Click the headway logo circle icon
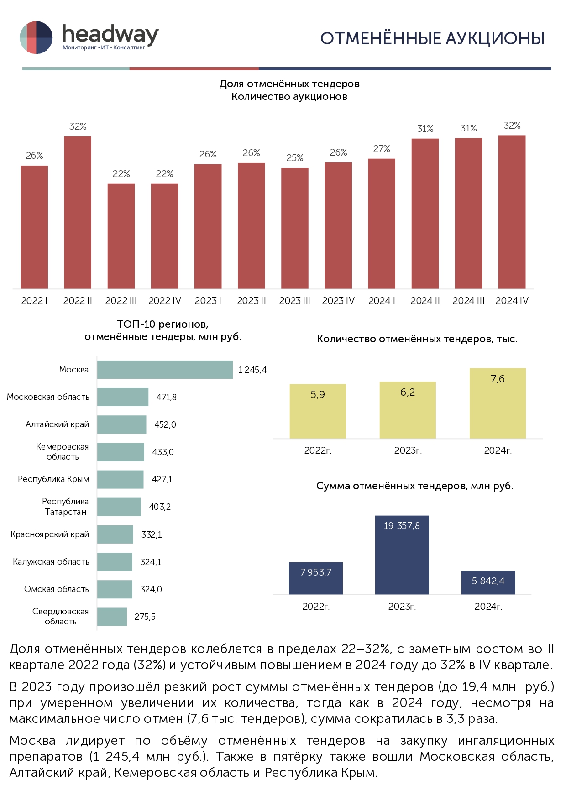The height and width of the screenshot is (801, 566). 36,37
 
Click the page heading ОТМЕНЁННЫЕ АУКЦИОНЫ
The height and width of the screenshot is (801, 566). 432,39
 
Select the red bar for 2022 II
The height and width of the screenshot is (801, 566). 78,212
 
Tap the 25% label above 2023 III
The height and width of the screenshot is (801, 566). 295,158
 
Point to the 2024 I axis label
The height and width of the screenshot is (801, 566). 382,301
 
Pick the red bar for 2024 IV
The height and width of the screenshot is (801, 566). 512,212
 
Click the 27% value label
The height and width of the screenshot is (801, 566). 382,149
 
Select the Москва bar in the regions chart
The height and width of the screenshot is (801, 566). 165,370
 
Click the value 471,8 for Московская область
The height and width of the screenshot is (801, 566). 166,398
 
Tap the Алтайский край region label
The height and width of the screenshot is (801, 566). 57,424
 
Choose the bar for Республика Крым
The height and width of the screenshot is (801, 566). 120,480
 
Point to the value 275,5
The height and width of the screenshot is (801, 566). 145,617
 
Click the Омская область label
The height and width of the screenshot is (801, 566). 56,589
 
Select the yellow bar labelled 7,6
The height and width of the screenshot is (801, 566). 498,403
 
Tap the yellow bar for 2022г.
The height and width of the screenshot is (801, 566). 318,411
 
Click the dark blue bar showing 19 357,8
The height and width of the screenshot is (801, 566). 402,555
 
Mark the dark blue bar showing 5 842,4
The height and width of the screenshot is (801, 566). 488,582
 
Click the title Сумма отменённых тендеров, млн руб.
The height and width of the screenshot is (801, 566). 414,486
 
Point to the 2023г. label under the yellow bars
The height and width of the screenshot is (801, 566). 408,451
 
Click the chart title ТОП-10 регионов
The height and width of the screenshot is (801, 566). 162,325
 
